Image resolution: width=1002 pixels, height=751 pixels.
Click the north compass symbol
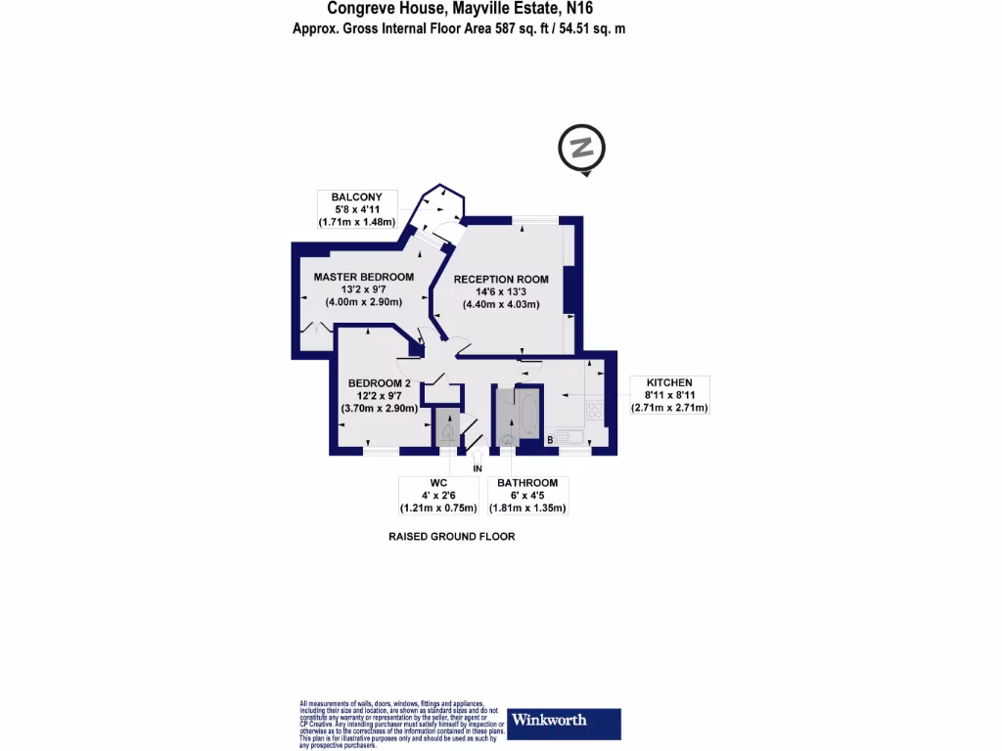[581, 150]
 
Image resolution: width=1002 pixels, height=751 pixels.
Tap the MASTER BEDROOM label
[363, 277]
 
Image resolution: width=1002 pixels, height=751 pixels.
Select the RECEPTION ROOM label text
[500, 280]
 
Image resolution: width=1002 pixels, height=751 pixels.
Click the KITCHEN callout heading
[669, 381]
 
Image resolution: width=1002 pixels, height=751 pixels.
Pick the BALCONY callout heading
[356, 198]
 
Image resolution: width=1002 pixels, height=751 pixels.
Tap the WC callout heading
[437, 483]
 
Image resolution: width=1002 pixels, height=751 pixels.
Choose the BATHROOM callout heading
[527, 483]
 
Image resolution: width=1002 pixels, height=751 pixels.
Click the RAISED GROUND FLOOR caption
[451, 537]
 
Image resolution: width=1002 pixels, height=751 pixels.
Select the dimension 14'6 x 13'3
[500, 291]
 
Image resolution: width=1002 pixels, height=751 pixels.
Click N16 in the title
[572, 9]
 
